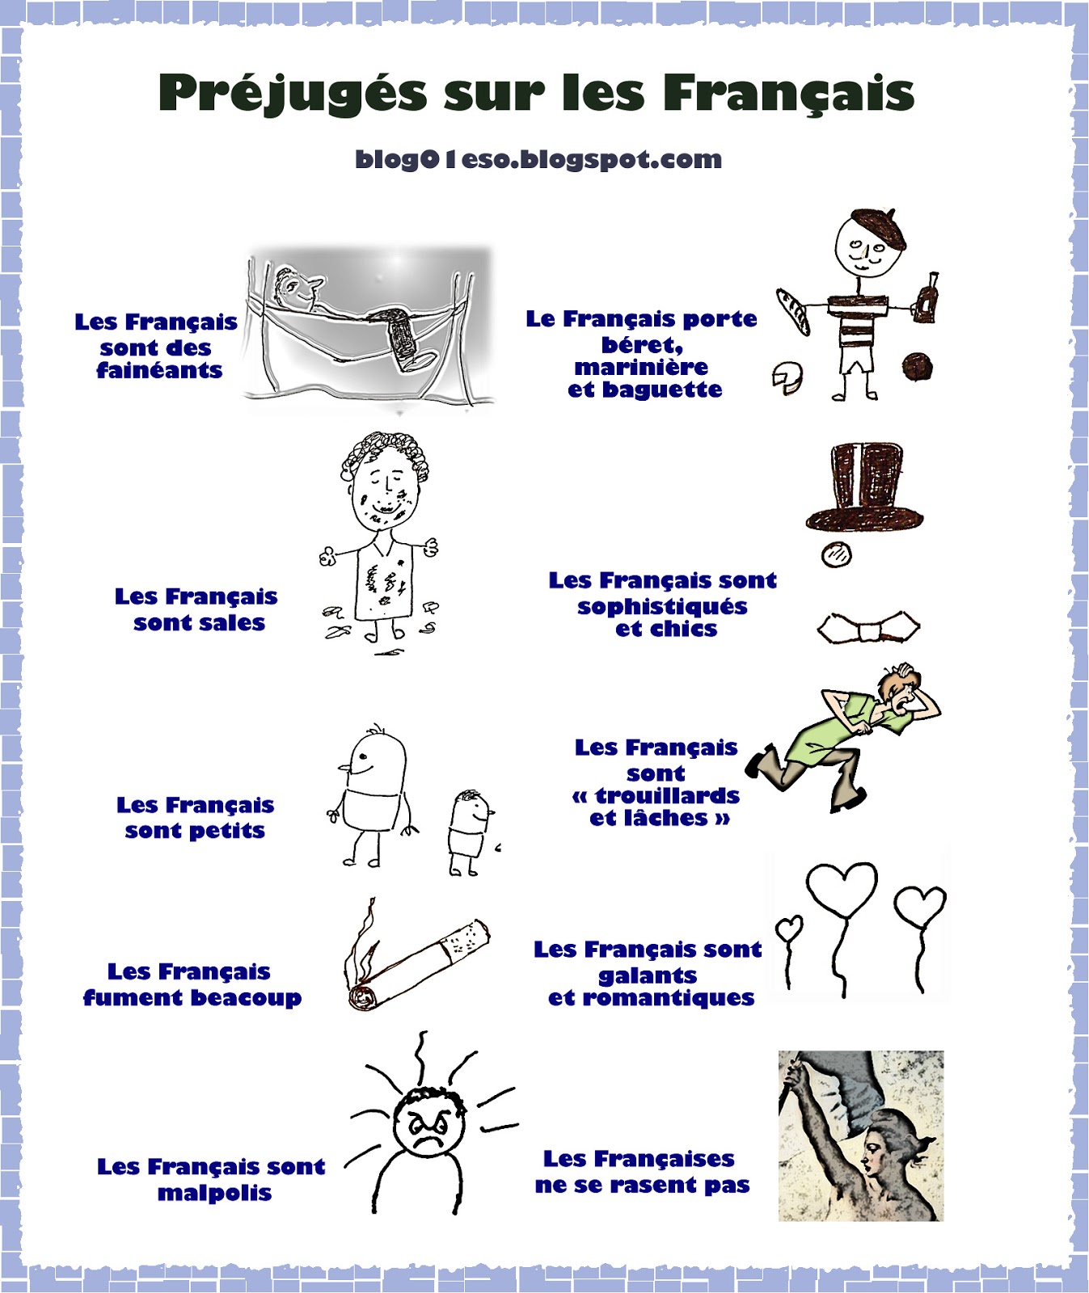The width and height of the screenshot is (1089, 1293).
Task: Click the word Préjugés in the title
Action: (x=292, y=93)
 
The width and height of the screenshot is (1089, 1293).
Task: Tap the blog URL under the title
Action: (x=538, y=159)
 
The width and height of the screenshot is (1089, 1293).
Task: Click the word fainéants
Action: (x=159, y=371)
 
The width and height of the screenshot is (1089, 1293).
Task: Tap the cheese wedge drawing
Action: (x=787, y=377)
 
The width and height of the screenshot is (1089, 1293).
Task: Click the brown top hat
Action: (x=865, y=486)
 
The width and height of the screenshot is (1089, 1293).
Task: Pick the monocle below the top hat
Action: (x=836, y=554)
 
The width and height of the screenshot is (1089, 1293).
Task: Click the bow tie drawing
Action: (x=868, y=628)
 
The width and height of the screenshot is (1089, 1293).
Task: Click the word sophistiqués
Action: (x=662, y=607)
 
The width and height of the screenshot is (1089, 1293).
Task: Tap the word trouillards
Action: (x=667, y=796)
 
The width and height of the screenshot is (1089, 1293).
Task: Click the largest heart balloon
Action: (x=842, y=888)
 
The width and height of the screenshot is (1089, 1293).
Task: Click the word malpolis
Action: (x=214, y=1193)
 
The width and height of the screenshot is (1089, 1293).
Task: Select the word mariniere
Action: (x=641, y=368)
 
